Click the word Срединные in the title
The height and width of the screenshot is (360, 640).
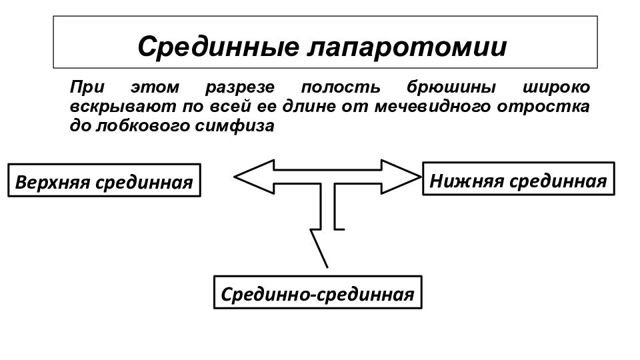tap(219, 47)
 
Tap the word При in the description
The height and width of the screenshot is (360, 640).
tap(87, 87)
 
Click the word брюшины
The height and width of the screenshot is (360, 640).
tap(451, 87)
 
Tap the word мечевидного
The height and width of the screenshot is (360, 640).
tap(432, 107)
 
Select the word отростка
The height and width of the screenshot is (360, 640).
tap(543, 107)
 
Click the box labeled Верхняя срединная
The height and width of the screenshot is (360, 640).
tap(104, 181)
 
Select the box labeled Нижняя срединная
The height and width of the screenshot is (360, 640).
tap(519, 179)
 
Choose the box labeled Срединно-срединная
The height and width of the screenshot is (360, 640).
tap(317, 292)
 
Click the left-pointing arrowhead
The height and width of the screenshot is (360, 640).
tap(254, 177)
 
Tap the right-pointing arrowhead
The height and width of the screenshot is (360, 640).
tap(401, 177)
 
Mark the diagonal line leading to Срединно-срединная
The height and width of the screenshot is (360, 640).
tap(319, 249)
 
